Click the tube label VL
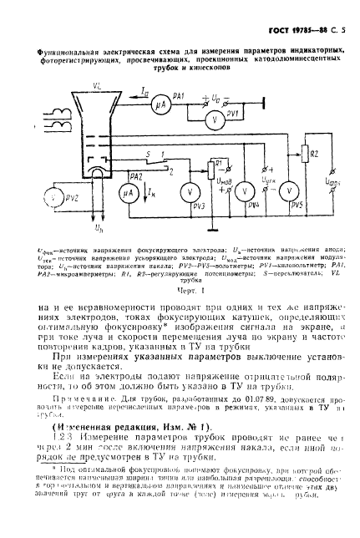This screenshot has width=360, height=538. [52, 85]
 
